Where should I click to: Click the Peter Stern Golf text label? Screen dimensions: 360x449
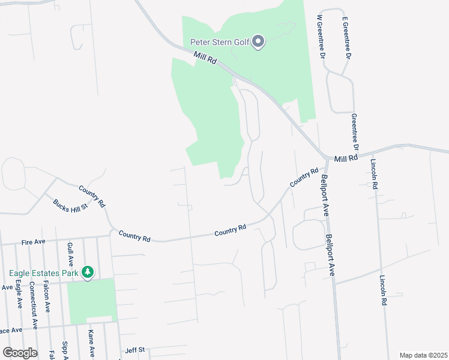pos(219,42)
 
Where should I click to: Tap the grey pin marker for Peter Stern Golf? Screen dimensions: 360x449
pos(259,42)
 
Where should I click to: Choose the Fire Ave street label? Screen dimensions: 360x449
pos(34,242)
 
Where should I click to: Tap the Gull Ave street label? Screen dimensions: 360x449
pos(70,254)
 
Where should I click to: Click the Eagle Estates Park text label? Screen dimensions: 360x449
pos(44,273)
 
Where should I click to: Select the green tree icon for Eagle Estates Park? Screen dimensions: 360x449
pos(88,272)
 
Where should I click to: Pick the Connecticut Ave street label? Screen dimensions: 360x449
pos(34,307)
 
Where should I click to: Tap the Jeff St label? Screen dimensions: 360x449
pos(135,350)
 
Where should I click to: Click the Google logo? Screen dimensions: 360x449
pos(20,352)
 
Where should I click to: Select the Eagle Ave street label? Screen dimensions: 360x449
pos(19,294)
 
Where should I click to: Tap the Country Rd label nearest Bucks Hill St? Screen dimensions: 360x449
pos(92,196)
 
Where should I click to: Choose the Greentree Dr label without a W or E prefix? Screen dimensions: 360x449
pos(355,132)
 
